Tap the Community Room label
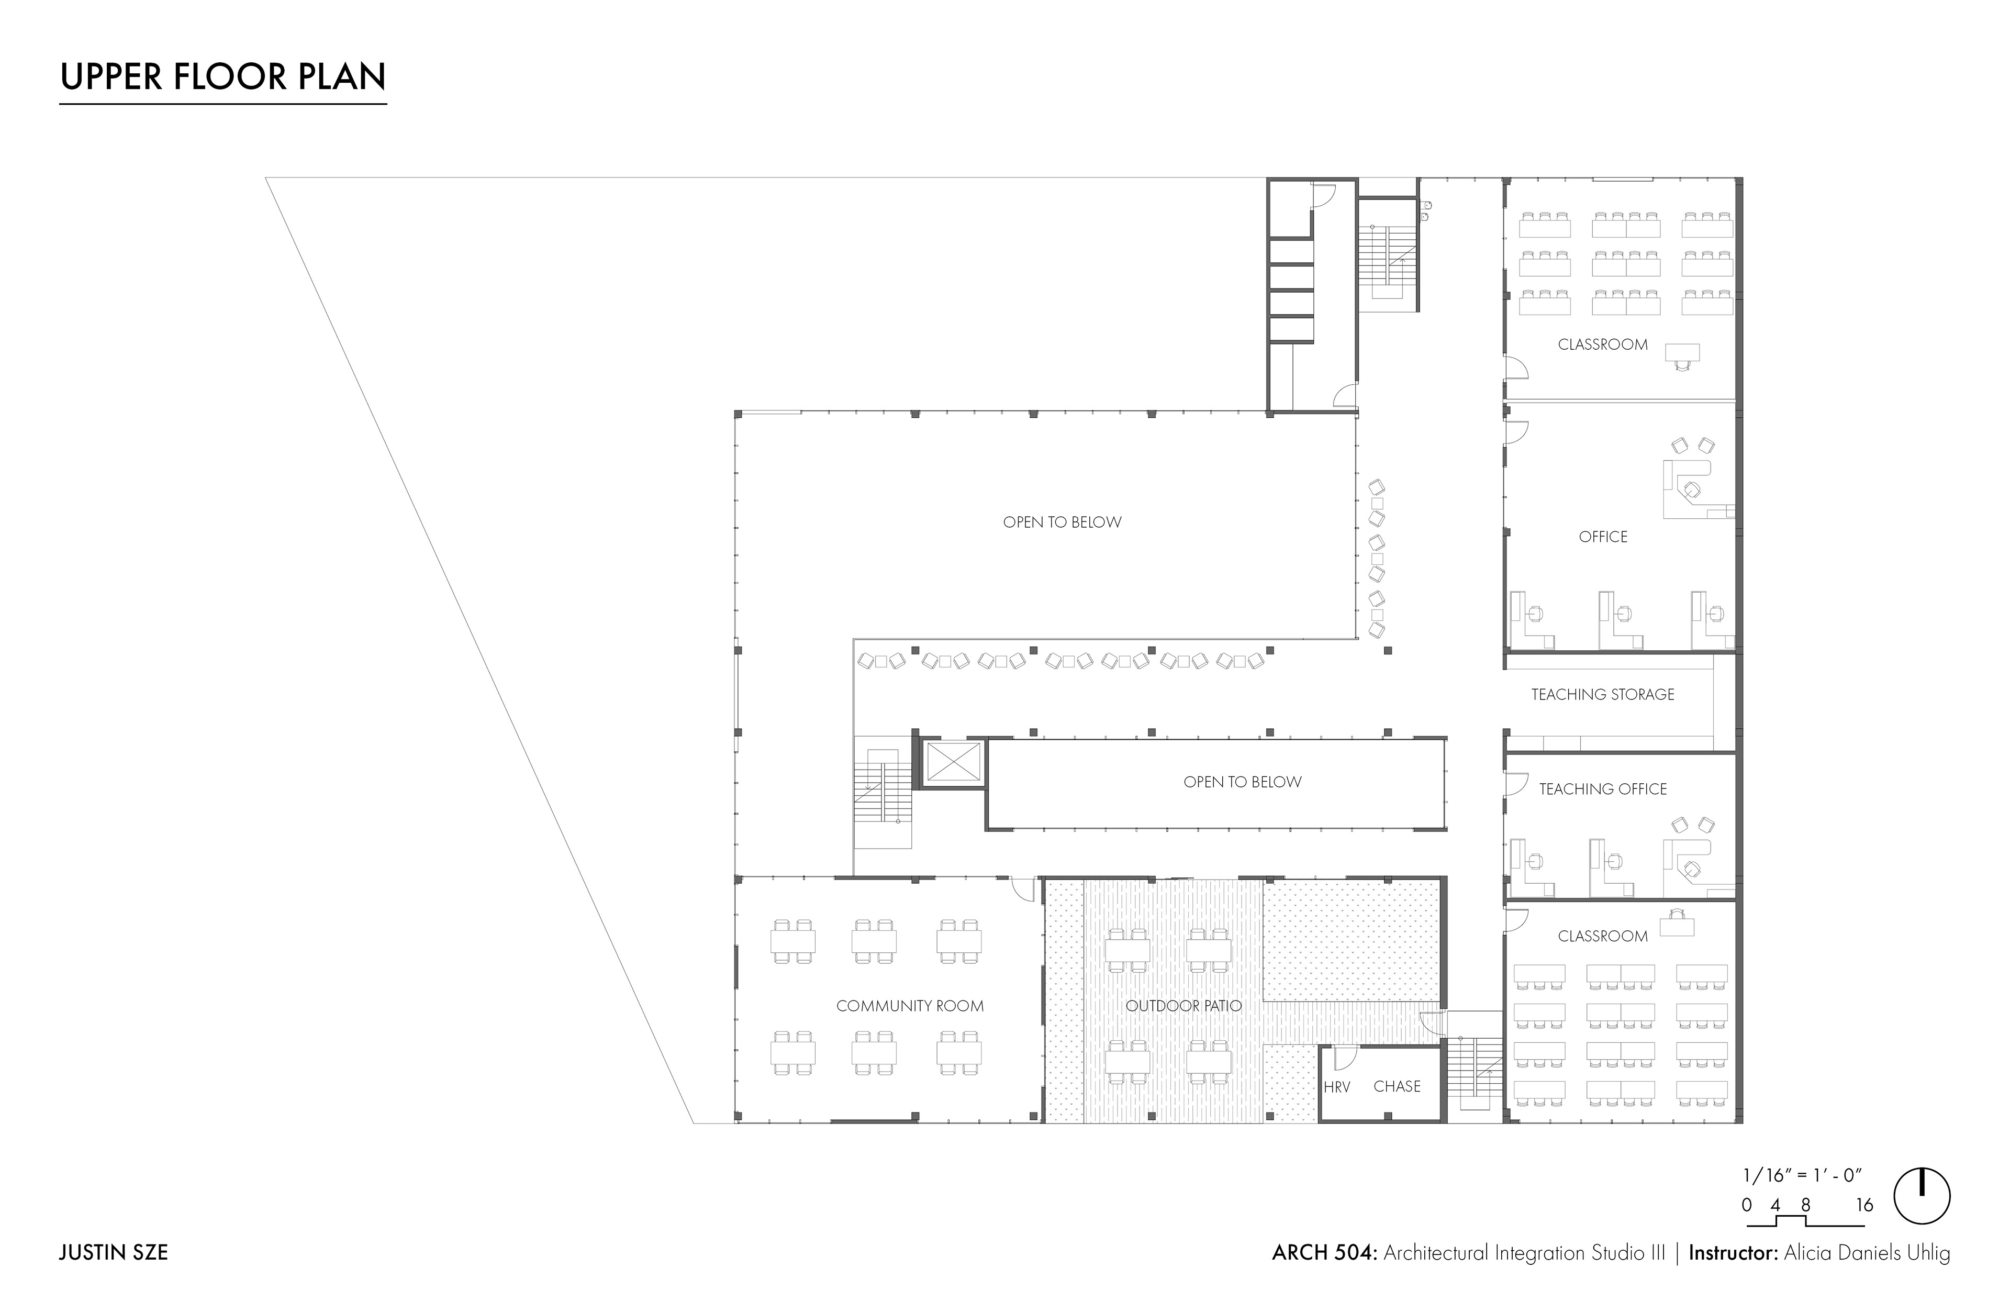910,1005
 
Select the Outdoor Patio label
1183,1005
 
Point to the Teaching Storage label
1602,694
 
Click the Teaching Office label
1602,789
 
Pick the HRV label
1337,1087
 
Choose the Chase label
1397,1086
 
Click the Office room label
1603,537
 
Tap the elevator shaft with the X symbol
951,764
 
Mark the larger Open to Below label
1062,522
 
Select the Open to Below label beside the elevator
1242,782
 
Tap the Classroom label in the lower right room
1602,936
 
